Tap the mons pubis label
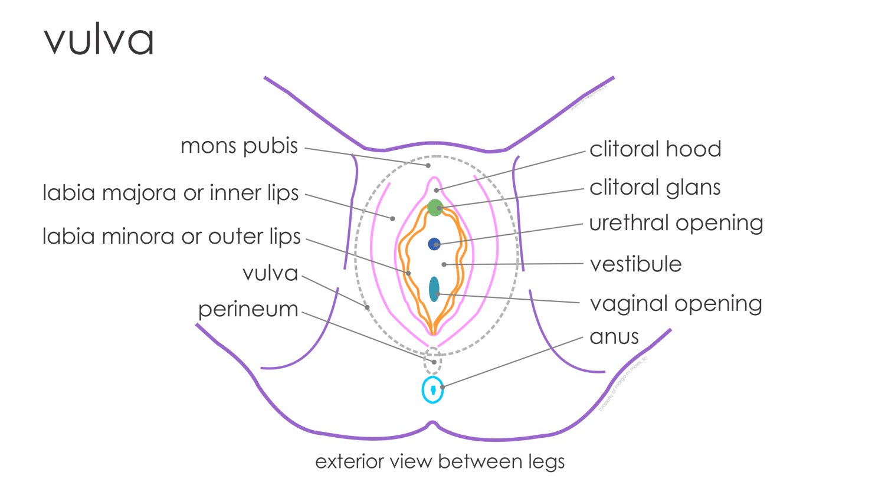point(239,146)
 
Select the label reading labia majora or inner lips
point(171,193)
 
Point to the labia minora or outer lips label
point(171,237)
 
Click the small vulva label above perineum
point(270,273)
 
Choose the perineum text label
point(248,310)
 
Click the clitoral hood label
point(655,149)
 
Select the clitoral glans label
point(655,188)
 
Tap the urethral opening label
point(676,224)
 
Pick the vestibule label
point(636,264)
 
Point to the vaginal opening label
point(676,304)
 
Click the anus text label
point(614,337)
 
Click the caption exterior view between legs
point(440,461)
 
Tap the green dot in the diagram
point(435,207)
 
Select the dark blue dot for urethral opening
point(434,244)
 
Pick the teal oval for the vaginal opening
point(434,289)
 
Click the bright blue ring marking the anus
point(433,390)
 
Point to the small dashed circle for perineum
point(433,360)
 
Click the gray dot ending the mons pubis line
point(430,166)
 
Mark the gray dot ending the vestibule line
point(444,264)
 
